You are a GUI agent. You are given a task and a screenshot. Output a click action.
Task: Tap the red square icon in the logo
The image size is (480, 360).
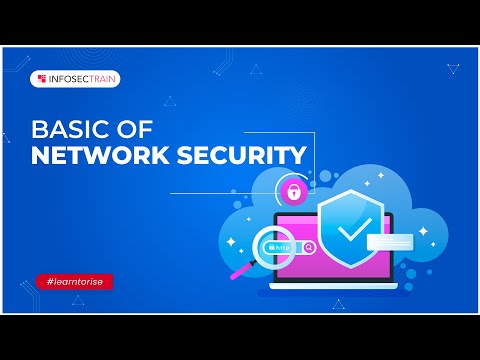[41, 77]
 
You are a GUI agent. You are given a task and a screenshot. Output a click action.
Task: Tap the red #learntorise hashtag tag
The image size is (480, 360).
[73, 282]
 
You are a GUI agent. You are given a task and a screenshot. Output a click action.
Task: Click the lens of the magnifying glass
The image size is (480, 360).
[269, 247]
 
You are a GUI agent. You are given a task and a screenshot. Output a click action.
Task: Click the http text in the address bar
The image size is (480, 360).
[284, 246]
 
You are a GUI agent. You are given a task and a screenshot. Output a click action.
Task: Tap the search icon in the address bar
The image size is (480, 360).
[310, 247]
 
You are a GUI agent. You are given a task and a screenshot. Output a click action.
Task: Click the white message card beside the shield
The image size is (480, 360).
[389, 241]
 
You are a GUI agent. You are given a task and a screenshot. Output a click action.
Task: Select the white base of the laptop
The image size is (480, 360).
[329, 293]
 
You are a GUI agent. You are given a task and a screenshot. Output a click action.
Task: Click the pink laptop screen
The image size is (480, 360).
[300, 225]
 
